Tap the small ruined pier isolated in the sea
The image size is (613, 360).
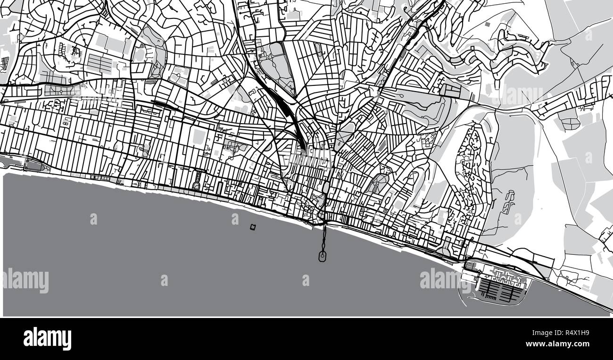coord(253,227)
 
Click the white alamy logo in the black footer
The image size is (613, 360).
coord(47,339)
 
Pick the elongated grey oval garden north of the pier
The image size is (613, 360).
coord(326,188)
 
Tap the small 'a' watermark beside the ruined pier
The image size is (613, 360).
coord(235,219)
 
